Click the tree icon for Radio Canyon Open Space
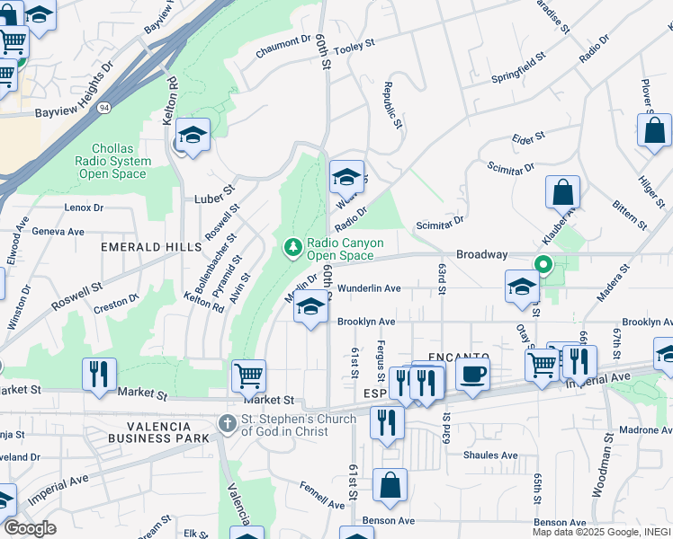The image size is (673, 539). click(x=292, y=247)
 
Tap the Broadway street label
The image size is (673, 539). click(x=482, y=255)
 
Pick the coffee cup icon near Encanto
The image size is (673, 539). click(x=472, y=373)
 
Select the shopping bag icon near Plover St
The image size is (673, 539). click(x=654, y=129)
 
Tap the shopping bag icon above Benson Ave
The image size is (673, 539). click(x=390, y=486)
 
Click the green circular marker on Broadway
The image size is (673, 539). click(x=543, y=264)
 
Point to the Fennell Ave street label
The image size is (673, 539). click(x=322, y=495)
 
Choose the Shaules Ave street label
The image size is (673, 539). click(x=490, y=455)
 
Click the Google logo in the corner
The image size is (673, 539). click(x=29, y=528)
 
